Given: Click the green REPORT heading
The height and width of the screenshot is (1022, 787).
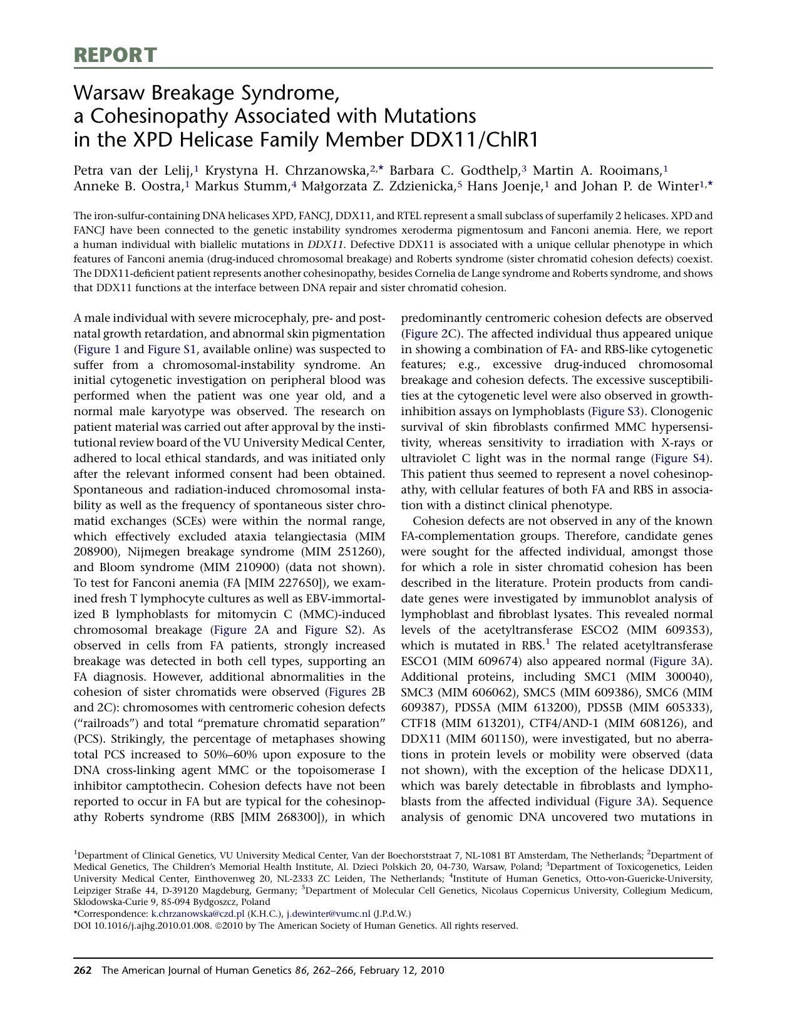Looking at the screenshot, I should coord(115,55).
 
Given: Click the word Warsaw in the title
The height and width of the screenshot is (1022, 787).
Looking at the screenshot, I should coord(107,93).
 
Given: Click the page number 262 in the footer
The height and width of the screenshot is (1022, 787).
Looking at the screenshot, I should coord(83,971).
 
